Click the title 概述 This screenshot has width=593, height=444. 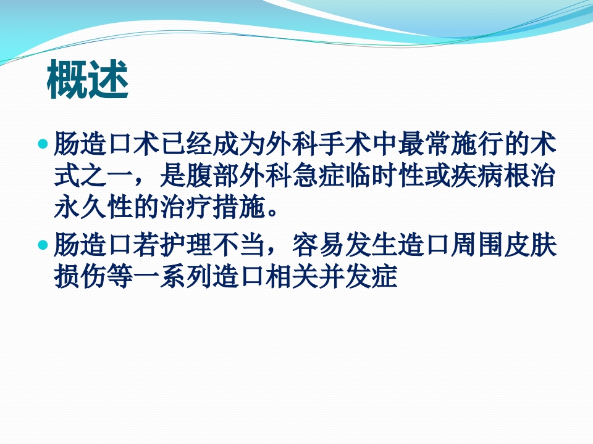(x=88, y=81)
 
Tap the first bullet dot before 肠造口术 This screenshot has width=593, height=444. (x=43, y=145)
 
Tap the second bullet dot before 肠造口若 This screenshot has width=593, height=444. (x=43, y=245)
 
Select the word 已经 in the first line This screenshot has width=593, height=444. (x=186, y=146)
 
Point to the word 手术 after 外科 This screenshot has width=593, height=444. (x=344, y=146)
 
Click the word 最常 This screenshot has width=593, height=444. (x=424, y=146)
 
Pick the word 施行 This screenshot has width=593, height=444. (x=476, y=146)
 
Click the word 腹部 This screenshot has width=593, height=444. (x=212, y=178)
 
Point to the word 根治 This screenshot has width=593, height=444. (x=529, y=178)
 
